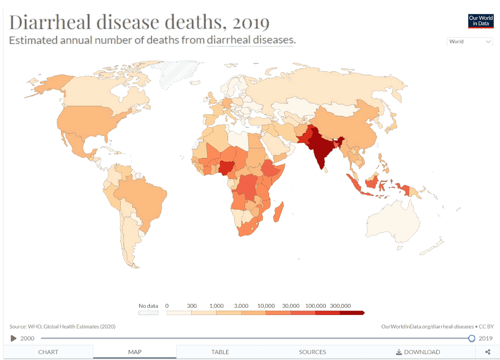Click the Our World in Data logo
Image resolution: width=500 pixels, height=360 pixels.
point(480,21)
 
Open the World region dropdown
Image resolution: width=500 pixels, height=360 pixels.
point(470,42)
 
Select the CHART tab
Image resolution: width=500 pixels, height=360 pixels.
point(48,352)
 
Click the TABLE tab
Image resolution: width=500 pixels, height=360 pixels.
point(220,352)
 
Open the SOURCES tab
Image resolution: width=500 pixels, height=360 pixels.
point(312,352)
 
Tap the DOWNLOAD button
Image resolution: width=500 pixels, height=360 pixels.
point(418,352)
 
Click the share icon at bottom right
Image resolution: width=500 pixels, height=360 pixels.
point(487,352)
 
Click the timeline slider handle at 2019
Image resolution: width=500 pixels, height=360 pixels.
point(472,338)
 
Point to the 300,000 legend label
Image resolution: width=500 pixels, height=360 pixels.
point(340,306)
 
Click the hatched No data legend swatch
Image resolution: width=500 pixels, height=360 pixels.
point(148,313)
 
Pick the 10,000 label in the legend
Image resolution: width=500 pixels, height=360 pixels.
point(266,306)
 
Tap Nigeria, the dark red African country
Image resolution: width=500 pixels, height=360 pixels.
point(226,169)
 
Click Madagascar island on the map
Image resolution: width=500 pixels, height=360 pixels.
point(279,213)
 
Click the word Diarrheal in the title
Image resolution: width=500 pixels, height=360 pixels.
point(49,22)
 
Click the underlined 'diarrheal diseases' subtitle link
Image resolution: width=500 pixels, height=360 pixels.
point(250,40)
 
